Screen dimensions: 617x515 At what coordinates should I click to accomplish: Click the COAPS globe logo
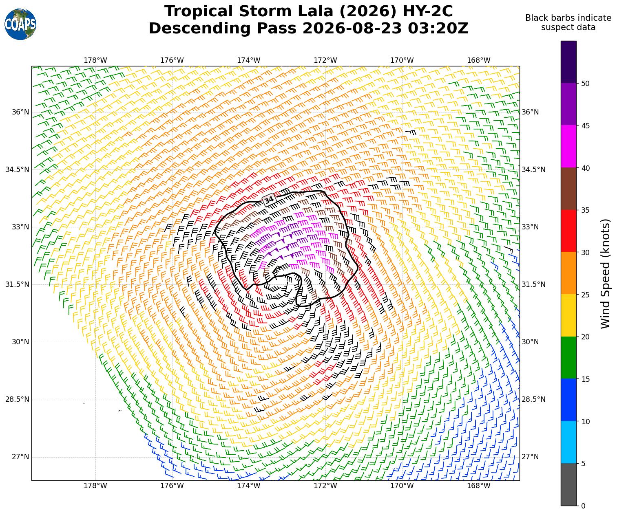[20, 24]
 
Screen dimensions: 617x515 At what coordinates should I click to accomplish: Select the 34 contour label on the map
[269, 200]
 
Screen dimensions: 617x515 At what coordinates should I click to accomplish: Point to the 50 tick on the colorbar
[585, 83]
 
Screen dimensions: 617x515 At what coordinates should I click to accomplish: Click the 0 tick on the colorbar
[583, 506]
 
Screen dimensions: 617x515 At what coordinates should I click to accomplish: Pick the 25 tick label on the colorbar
[585, 295]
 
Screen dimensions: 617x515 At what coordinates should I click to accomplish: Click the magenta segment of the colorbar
[568, 146]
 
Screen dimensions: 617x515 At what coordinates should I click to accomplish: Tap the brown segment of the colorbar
[568, 189]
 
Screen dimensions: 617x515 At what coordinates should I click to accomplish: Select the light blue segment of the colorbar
[568, 442]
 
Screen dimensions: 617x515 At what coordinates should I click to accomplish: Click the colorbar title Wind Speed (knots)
[605, 273]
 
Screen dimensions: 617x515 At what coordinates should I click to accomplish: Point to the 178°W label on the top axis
[95, 60]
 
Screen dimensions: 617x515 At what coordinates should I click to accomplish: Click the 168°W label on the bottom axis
[478, 486]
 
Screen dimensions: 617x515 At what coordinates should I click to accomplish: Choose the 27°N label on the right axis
[530, 457]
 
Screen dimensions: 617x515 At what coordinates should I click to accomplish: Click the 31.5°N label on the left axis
[17, 284]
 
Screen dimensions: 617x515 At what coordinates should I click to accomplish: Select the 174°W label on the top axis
[249, 60]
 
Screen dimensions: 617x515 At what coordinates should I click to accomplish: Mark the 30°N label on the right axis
[530, 342]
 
